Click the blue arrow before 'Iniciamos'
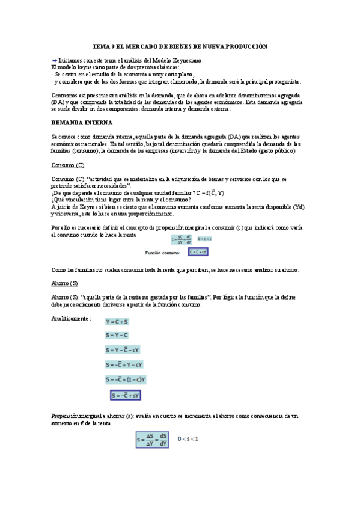54,61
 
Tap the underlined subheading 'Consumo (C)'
67,165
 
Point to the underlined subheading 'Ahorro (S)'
64,283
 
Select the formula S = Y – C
118,336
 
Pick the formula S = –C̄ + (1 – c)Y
126,379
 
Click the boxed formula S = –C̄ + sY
126,395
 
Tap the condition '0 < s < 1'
188,438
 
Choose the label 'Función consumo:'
163,253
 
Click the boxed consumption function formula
199,252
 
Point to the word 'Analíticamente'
70,318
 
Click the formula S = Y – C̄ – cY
123,350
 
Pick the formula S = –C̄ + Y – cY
124,364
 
